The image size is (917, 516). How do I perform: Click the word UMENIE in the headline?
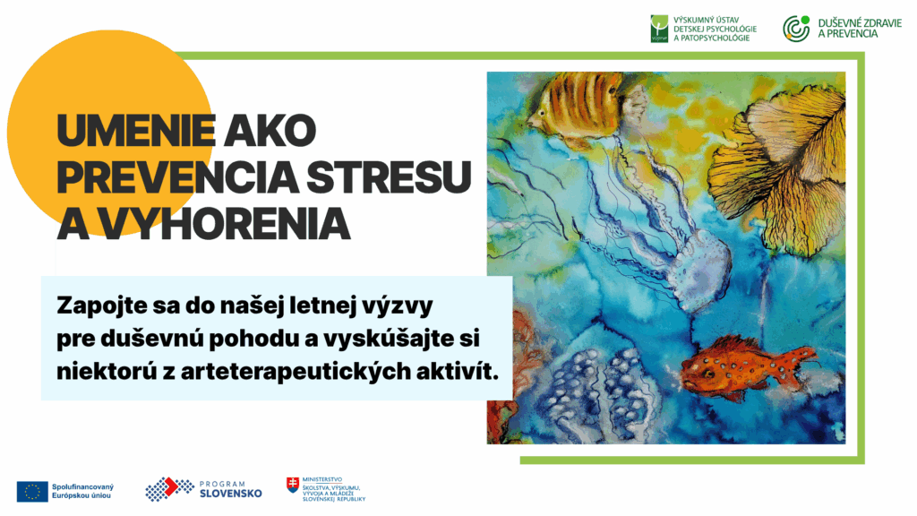136,131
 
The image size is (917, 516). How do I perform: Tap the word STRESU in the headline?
389,176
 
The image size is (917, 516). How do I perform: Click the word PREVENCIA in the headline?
178,176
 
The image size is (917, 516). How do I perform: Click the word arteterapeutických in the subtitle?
295,372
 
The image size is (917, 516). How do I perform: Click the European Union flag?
32,492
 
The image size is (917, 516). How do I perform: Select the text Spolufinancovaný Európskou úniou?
82,492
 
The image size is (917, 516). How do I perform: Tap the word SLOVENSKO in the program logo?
230,494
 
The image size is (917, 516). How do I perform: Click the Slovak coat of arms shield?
293,485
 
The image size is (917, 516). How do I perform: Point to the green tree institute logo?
659,29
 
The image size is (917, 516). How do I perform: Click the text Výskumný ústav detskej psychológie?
715,24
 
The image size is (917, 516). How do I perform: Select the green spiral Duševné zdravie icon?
796,29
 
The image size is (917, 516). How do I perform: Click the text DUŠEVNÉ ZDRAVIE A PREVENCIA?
860,29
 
